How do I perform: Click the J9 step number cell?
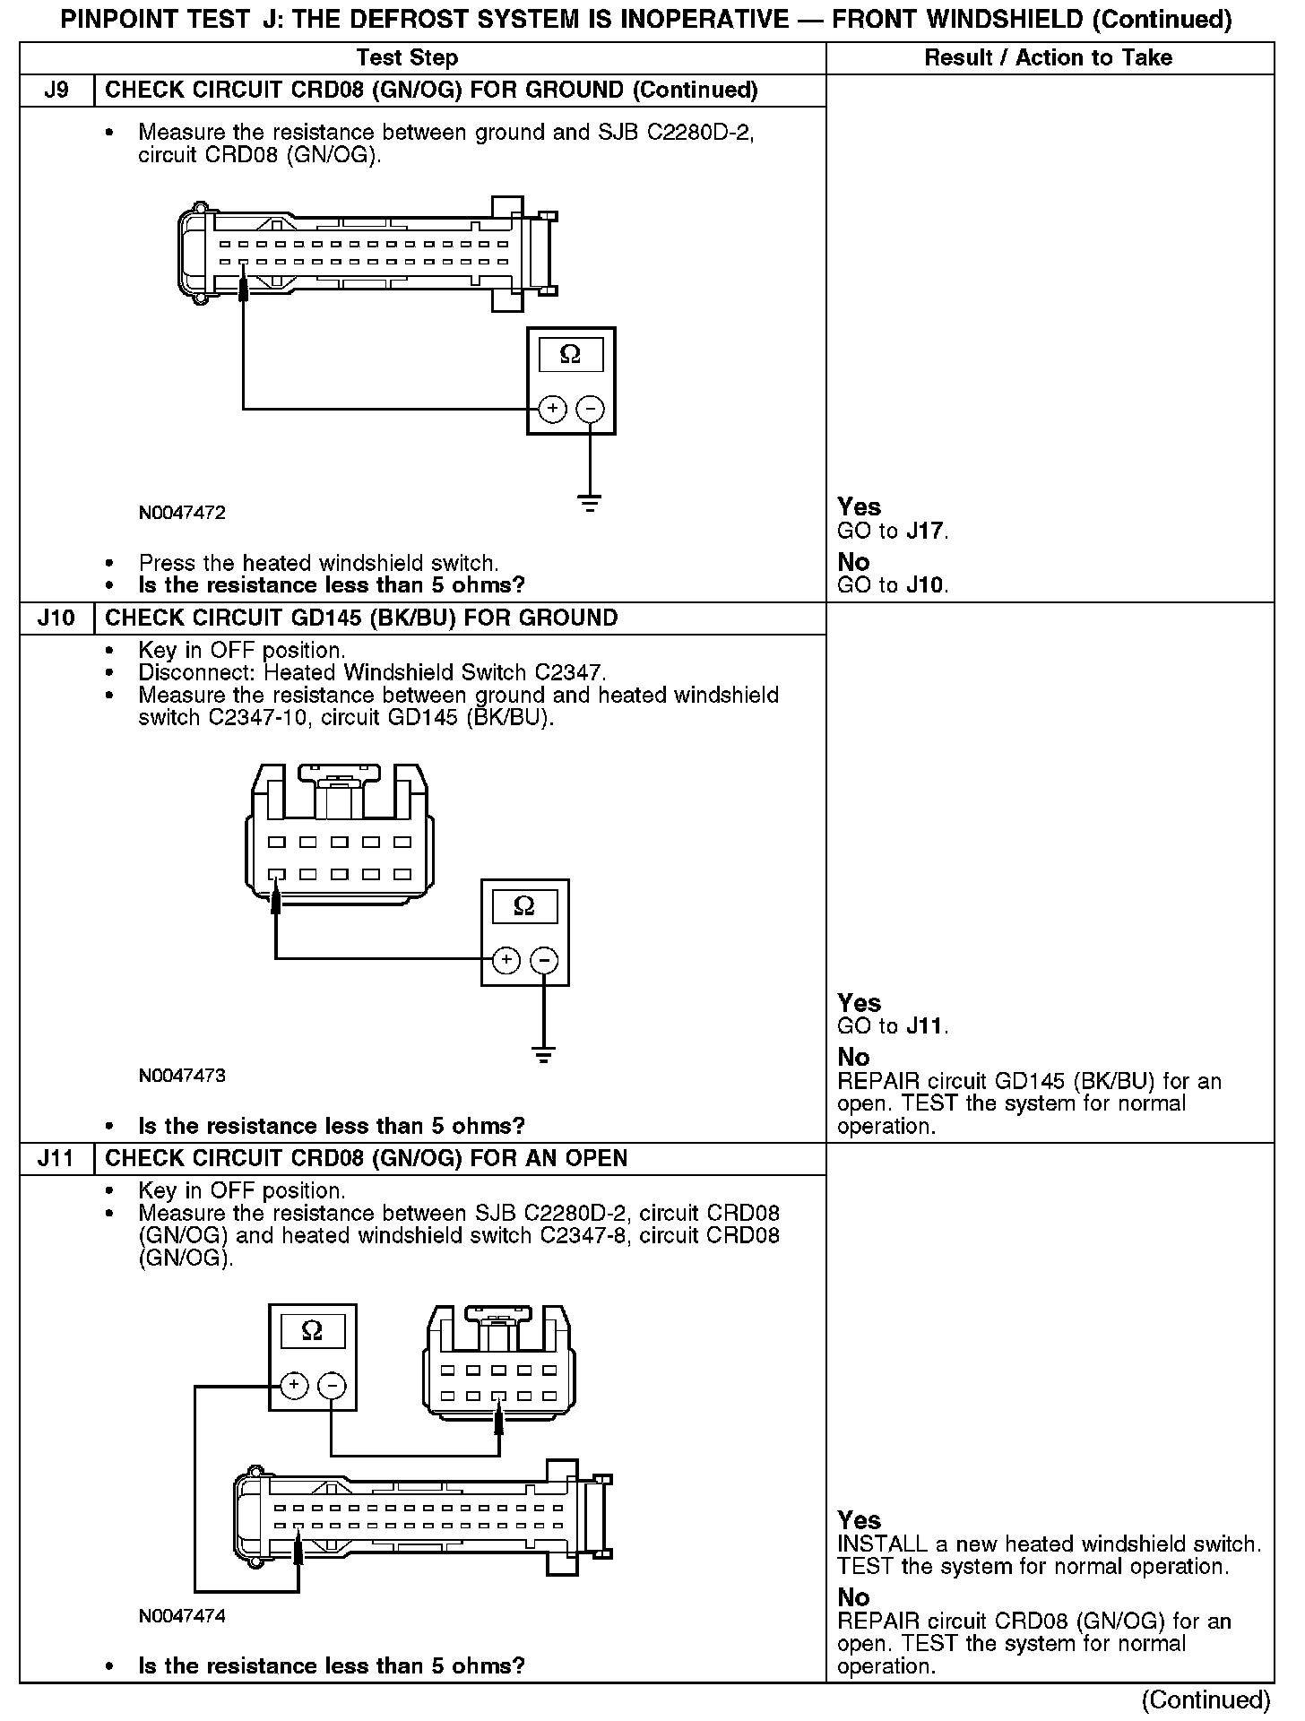tap(56, 91)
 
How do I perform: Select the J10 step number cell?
tap(56, 618)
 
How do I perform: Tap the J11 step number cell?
tap(56, 1159)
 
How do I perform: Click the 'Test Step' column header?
tap(407, 58)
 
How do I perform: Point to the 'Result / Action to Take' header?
tap(1048, 58)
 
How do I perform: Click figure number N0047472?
tap(182, 514)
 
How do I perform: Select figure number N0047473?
tap(182, 1076)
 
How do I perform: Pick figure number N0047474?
tap(182, 1616)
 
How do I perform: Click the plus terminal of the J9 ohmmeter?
tap(552, 410)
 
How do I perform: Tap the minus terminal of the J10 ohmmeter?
tap(544, 961)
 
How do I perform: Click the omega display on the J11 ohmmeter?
tap(312, 1331)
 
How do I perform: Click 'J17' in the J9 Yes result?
tap(925, 532)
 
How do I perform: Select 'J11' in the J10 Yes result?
tap(925, 1027)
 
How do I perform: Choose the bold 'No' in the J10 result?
tap(853, 1058)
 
